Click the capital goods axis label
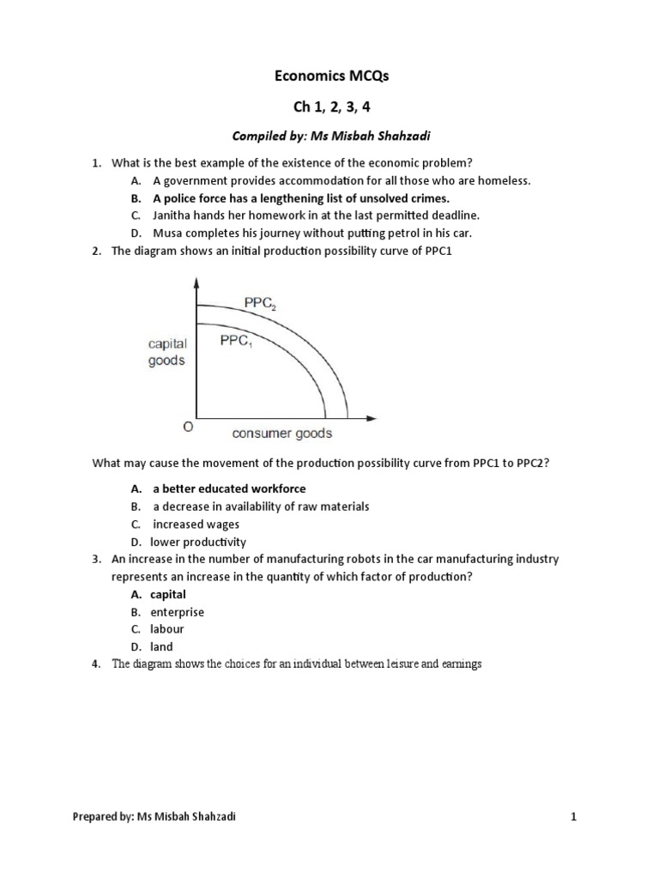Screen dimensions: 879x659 point(166,352)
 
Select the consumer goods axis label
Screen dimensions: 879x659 point(282,433)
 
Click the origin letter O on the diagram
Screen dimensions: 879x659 point(188,427)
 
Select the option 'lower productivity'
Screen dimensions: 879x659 point(198,542)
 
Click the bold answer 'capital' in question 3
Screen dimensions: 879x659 point(168,594)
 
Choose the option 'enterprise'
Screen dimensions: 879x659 point(178,612)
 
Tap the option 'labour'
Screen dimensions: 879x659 point(167,629)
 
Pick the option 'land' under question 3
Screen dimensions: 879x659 point(162,646)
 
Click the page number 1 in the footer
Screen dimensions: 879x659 point(574,817)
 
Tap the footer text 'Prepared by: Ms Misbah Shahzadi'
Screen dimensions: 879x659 point(154,817)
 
